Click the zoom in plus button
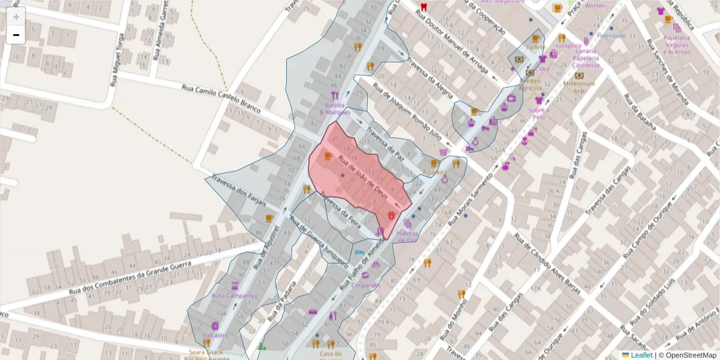16,17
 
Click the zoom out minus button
16,35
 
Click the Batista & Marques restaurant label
335,109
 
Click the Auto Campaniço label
234,296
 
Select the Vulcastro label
215,335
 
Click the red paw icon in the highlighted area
392,214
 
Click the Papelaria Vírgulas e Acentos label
677,45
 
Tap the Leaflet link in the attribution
641,355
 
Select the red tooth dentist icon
424,7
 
